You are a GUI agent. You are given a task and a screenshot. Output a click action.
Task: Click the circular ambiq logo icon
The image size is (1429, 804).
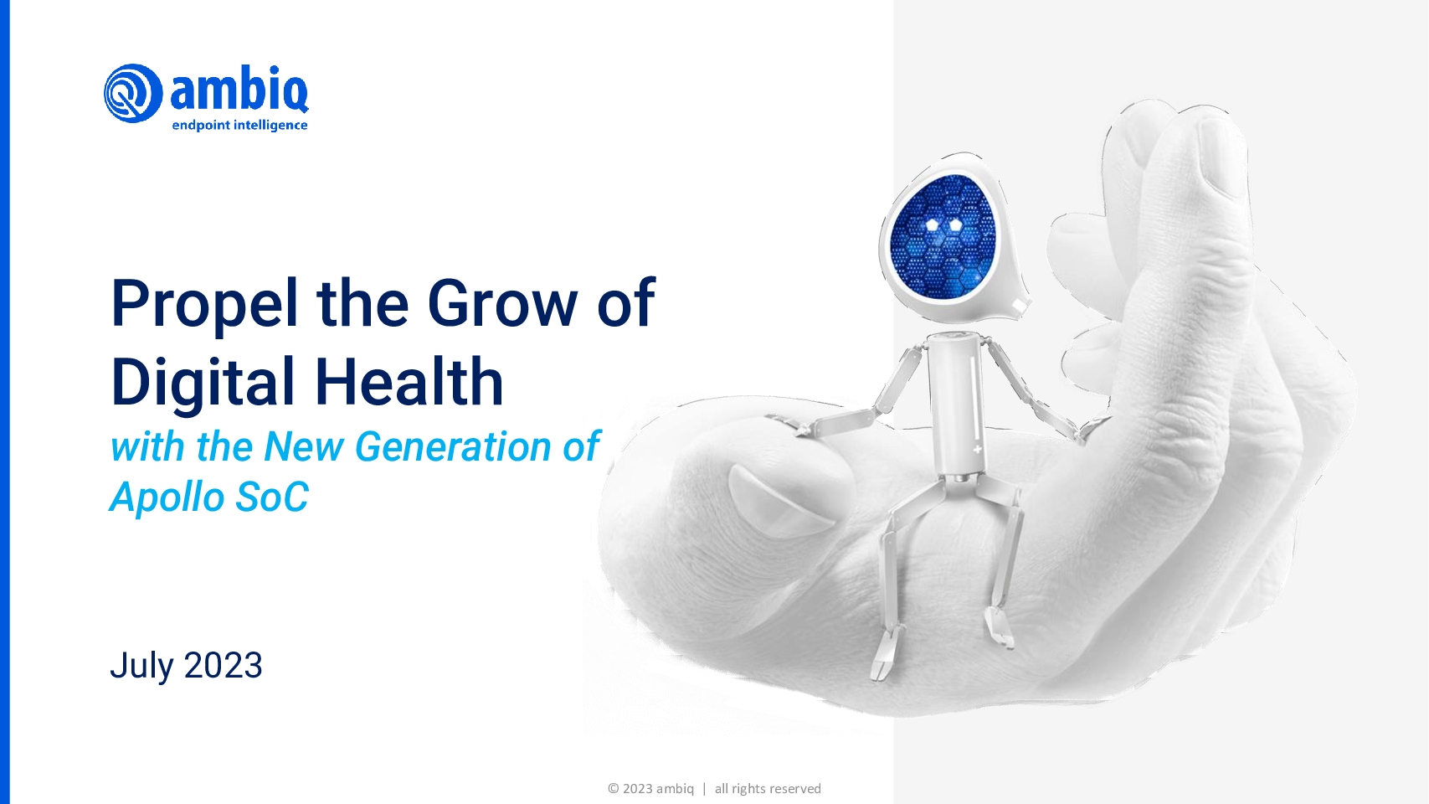(x=133, y=93)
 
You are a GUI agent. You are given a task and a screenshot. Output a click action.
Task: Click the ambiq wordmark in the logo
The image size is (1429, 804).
(x=239, y=89)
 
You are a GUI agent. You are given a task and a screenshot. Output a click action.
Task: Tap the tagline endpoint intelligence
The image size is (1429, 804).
(x=240, y=125)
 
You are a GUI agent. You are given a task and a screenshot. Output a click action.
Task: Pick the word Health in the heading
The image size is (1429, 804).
(x=409, y=382)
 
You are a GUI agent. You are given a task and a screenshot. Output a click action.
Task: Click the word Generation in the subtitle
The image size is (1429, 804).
(x=454, y=446)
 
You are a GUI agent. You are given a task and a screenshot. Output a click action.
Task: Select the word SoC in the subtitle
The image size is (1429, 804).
(x=272, y=497)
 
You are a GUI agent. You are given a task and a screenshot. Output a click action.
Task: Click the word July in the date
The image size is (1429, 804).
(x=141, y=667)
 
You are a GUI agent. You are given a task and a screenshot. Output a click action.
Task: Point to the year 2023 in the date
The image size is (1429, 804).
(x=223, y=666)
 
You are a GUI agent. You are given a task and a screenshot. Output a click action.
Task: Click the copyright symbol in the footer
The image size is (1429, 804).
(x=613, y=789)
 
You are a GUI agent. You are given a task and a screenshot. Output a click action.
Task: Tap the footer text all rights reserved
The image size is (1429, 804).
(x=768, y=789)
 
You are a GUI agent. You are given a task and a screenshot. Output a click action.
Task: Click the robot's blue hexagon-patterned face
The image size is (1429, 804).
(x=943, y=236)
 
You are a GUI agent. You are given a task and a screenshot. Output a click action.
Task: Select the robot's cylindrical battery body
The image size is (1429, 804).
(x=956, y=405)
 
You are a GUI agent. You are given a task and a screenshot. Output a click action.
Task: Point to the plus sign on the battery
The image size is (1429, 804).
(x=977, y=449)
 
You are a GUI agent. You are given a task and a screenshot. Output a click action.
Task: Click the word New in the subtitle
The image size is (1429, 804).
(x=304, y=446)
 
